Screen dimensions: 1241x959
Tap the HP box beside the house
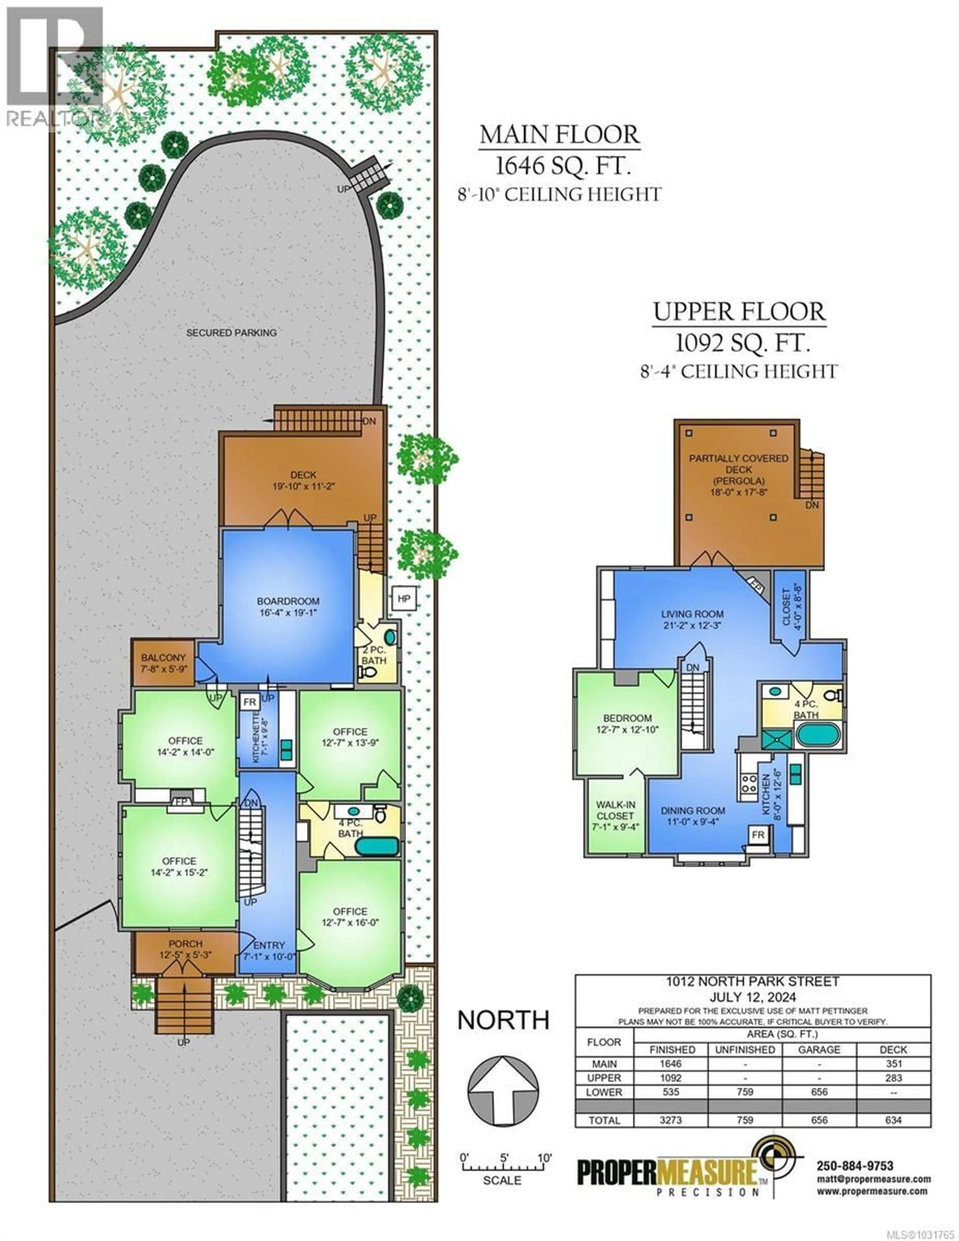click(404, 598)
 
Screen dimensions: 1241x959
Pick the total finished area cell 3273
click(671, 1120)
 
